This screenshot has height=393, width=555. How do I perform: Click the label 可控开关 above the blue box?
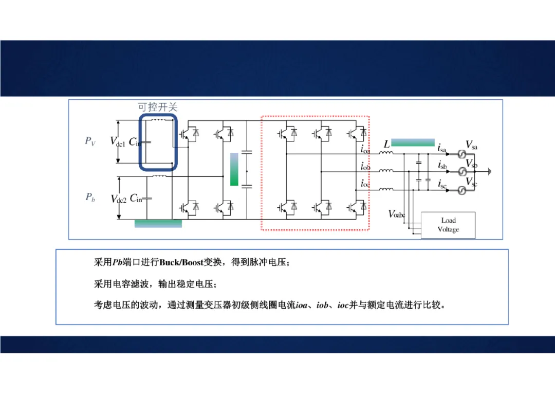coord(157,108)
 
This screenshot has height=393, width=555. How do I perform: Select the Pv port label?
coord(90,141)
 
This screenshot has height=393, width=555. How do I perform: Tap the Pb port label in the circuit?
coord(90,197)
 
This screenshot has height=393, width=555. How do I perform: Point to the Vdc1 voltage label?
coord(118,141)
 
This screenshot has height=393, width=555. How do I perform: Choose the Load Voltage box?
coord(448,225)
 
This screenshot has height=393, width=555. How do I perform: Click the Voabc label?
coord(397,214)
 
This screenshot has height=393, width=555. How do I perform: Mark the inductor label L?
coord(386,145)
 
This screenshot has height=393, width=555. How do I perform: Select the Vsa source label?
coord(471,145)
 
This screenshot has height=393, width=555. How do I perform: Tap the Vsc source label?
coord(471,182)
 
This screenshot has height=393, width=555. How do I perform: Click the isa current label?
coord(442,149)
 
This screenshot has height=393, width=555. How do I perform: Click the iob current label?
coord(365,166)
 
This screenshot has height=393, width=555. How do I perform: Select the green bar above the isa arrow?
coord(413,142)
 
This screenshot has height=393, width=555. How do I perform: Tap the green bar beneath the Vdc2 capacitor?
coord(158,223)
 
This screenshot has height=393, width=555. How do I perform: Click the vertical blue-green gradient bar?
coord(234,169)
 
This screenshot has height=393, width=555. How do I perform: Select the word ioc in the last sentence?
coord(343,305)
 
